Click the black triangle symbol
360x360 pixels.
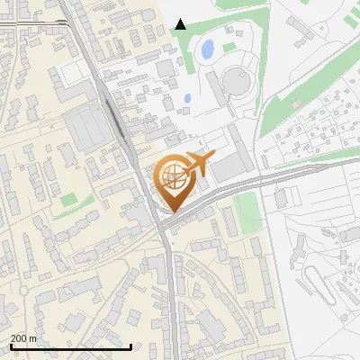tap(181, 24)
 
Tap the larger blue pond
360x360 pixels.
tap(208, 49)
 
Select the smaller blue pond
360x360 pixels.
tap(187, 98)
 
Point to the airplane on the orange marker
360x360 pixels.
tap(200, 165)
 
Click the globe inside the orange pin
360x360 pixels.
tap(172, 176)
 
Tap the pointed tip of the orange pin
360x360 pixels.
tap(172, 211)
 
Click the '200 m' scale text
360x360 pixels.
tap(23, 338)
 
